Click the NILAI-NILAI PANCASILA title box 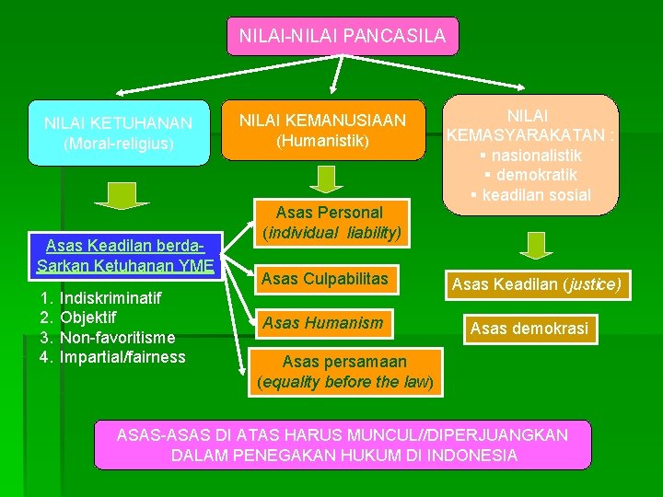[x=342, y=37]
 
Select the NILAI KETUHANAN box [x=118, y=133]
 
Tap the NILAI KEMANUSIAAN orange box [x=322, y=130]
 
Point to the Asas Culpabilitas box [x=324, y=278]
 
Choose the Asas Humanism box [x=322, y=323]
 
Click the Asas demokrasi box [x=529, y=329]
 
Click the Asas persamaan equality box [x=344, y=372]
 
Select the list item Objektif [x=87, y=318]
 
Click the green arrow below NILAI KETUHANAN [x=115, y=195]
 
